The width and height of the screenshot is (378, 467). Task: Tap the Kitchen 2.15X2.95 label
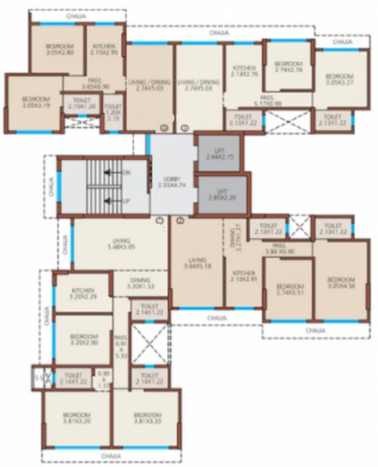(104, 50)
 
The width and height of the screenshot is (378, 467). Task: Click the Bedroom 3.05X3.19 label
(34, 103)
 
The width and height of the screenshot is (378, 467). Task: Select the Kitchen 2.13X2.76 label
(244, 72)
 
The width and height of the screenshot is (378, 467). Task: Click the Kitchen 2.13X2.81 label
(244, 278)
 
